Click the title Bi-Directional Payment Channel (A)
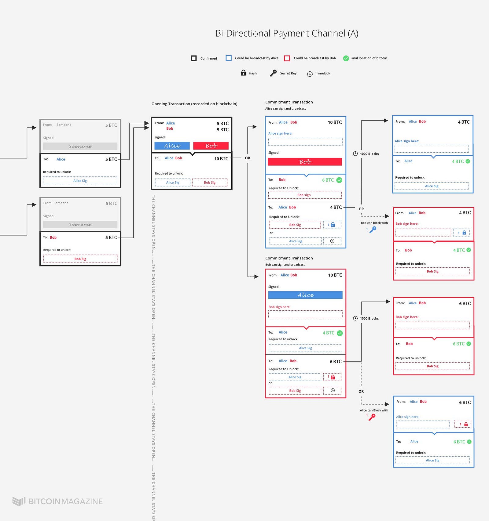pyautogui.click(x=287, y=33)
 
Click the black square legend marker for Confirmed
pyautogui.click(x=193, y=58)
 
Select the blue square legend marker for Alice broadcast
pyautogui.click(x=229, y=58)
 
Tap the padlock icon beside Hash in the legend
pyautogui.click(x=243, y=73)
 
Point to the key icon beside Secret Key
pyautogui.click(x=273, y=73)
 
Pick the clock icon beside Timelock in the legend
pyautogui.click(x=310, y=74)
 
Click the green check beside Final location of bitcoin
pyautogui.click(x=346, y=58)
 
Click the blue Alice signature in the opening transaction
pyautogui.click(x=172, y=146)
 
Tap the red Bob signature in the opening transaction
pyautogui.click(x=211, y=146)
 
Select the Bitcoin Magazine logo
pyautogui.click(x=57, y=501)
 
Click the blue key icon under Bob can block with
pyautogui.click(x=373, y=230)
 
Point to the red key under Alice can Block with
pyautogui.click(x=372, y=417)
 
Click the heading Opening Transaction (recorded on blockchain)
pyautogui.click(x=194, y=104)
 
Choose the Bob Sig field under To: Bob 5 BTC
pyautogui.click(x=80, y=259)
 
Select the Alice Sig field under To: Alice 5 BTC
pyautogui.click(x=80, y=181)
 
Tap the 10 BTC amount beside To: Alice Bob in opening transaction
pyautogui.click(x=221, y=159)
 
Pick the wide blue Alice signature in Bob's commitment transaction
pyautogui.click(x=305, y=295)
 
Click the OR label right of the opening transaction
pyautogui.click(x=248, y=158)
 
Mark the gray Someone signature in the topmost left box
pyautogui.click(x=80, y=147)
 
